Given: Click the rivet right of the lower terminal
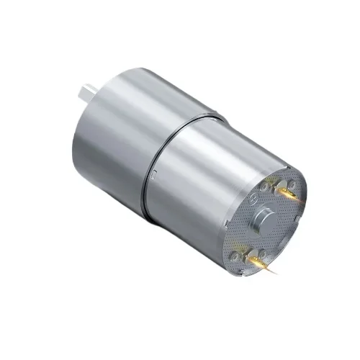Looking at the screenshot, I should [x=263, y=253].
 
